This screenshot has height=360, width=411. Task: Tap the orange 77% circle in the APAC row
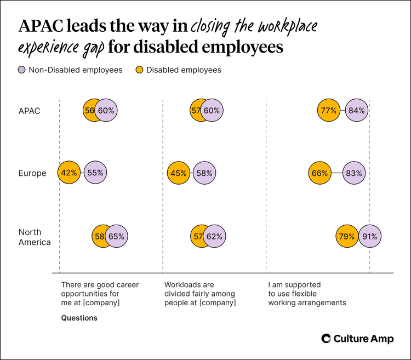pyautogui.click(x=328, y=110)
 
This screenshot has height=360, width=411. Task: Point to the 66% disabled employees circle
pyautogui.click(x=320, y=173)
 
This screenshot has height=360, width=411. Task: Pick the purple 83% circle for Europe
pyautogui.click(x=355, y=173)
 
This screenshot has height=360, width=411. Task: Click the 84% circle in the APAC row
pyautogui.click(x=356, y=110)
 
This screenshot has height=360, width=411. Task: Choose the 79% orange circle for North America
pyautogui.click(x=346, y=237)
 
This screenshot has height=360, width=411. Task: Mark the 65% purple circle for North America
pyautogui.click(x=116, y=237)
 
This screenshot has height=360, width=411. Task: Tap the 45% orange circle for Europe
pyautogui.click(x=178, y=173)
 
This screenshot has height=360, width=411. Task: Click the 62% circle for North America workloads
pyautogui.click(x=215, y=237)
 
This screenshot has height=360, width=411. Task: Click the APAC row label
pyautogui.click(x=29, y=110)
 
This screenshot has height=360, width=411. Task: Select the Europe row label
pyautogui.click(x=32, y=173)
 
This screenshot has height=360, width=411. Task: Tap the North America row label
pyautogui.click(x=35, y=237)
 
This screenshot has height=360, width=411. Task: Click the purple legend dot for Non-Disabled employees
pyautogui.click(x=22, y=70)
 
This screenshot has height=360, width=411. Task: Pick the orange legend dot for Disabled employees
pyautogui.click(x=140, y=70)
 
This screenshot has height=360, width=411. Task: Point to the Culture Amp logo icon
pyautogui.click(x=326, y=339)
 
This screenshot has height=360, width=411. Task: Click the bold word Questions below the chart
pyautogui.click(x=79, y=318)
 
